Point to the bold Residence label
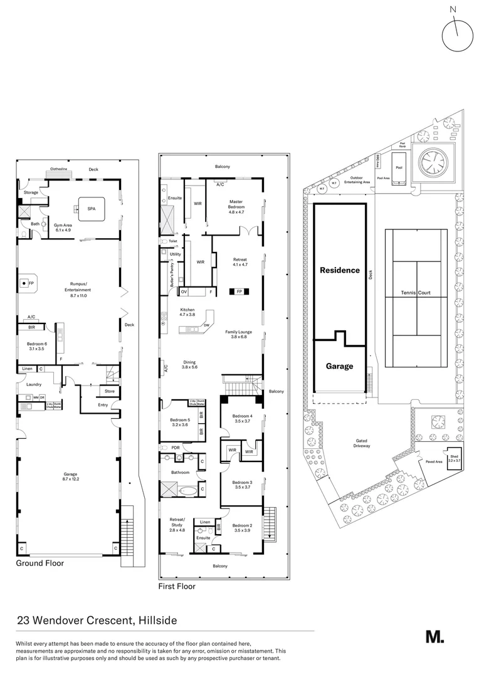[340, 270]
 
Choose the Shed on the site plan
[454, 458]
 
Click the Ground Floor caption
[40, 563]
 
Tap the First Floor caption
[177, 587]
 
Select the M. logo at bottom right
[434, 636]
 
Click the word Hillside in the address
[156, 621]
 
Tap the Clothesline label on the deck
[61, 169]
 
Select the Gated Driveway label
[361, 444]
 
